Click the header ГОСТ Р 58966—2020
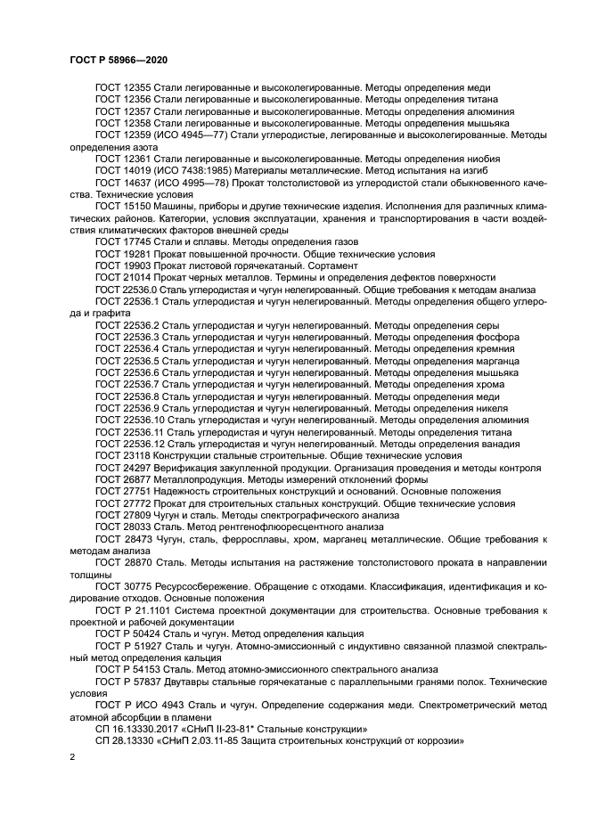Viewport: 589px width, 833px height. [x=119, y=59]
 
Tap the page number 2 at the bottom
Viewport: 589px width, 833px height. [x=73, y=755]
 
